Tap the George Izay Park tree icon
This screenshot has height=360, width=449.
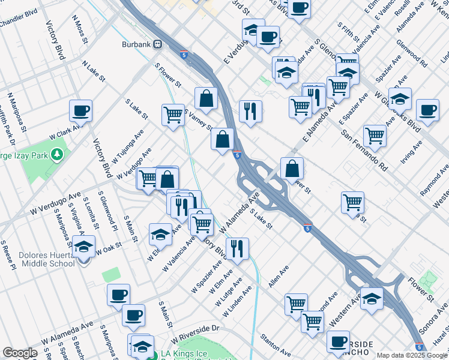58,155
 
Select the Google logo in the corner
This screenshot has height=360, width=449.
19,353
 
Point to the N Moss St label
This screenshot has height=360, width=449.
77,29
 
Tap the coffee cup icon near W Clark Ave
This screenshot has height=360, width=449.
80,111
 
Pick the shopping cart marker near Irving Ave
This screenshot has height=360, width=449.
375,136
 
